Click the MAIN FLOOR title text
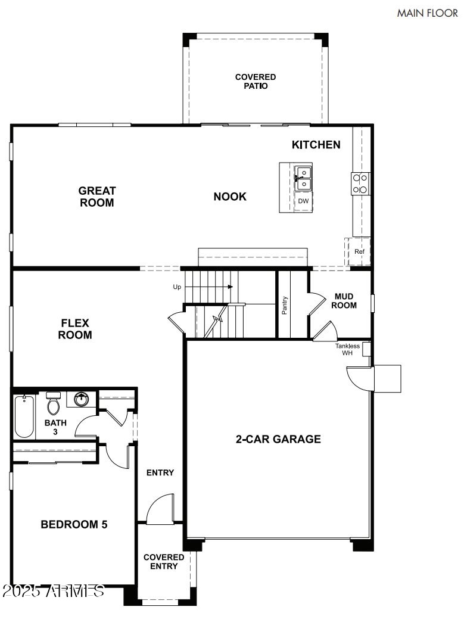click(427, 13)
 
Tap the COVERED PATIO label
click(256, 82)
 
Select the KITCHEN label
click(316, 145)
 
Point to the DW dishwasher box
click(303, 201)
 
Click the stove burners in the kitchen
click(360, 183)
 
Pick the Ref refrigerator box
click(359, 251)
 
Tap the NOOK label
click(230, 197)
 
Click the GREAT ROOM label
click(97, 197)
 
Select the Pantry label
click(285, 305)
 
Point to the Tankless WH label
click(347, 350)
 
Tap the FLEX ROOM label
click(75, 329)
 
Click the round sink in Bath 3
click(81, 399)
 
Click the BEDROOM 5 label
click(74, 525)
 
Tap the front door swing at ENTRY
click(160, 510)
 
